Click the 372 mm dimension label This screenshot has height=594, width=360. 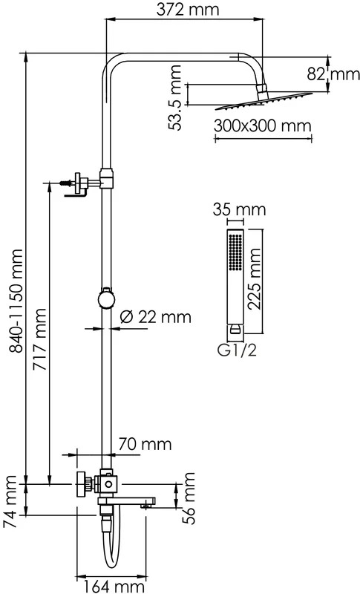click(x=188, y=9)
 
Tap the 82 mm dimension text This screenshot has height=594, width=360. click(x=333, y=74)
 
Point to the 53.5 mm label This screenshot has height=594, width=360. click(x=175, y=98)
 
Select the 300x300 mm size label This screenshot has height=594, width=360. click(x=262, y=125)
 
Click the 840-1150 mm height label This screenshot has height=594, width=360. click(x=16, y=301)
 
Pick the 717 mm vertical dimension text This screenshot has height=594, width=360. click(x=39, y=340)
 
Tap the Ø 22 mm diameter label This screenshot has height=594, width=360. click(x=156, y=317)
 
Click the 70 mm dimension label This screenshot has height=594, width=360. click(x=145, y=443)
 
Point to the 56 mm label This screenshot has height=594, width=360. click(x=188, y=498)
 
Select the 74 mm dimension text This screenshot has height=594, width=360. click(x=10, y=502)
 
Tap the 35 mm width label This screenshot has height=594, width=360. click(x=239, y=209)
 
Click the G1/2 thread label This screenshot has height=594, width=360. click(x=237, y=350)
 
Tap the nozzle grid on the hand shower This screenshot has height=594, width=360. click(x=235, y=252)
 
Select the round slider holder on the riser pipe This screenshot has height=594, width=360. click(x=106, y=299)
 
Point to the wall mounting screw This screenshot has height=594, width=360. click(x=65, y=183)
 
